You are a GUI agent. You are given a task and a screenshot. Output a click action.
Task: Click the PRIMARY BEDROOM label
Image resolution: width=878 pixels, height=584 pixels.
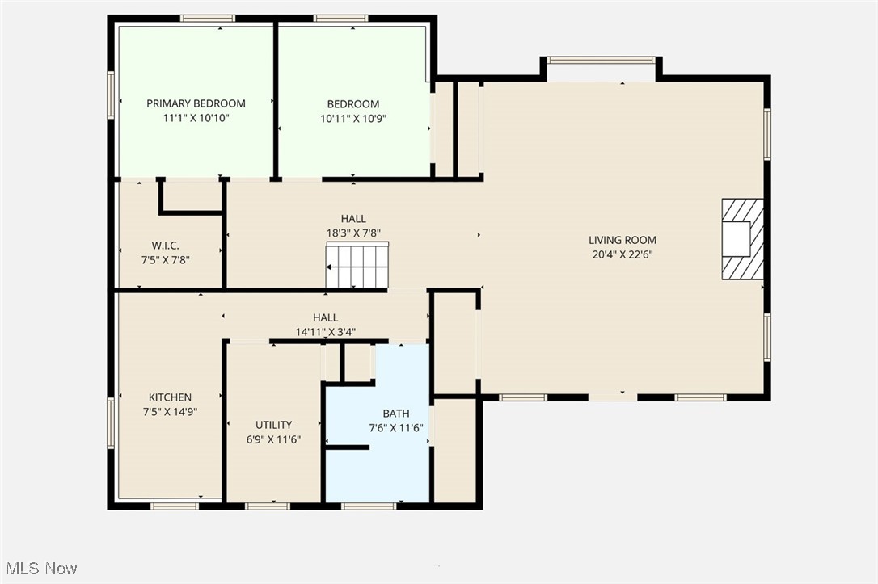tap(196, 103)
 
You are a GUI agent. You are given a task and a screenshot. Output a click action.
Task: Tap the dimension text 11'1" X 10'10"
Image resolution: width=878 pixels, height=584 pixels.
tap(196, 118)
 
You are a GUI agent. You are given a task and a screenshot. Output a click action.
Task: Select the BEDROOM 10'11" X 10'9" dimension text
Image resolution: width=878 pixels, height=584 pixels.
tap(352, 118)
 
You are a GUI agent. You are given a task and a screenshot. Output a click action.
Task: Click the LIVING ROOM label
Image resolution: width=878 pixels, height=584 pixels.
tap(622, 240)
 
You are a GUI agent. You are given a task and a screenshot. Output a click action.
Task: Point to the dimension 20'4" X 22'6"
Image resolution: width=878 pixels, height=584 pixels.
tap(622, 254)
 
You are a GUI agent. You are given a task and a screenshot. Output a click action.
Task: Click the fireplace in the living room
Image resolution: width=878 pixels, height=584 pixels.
tap(741, 238)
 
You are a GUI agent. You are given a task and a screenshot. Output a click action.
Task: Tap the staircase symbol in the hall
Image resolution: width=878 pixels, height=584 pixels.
tap(357, 266)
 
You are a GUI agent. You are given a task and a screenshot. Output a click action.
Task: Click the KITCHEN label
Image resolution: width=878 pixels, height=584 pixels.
tap(170, 397)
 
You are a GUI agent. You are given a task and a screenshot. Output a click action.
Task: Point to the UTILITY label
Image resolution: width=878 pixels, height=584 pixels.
tap(273, 425)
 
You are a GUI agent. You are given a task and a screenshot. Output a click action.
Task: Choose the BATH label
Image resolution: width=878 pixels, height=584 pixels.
tap(396, 414)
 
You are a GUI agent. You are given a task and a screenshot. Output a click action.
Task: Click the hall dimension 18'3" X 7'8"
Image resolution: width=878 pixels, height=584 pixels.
tap(352, 233)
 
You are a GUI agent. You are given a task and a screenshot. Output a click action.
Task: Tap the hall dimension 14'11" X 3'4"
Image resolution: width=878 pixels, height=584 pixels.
tap(325, 331)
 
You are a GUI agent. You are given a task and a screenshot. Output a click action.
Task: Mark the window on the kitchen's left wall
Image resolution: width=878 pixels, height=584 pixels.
tap(111, 422)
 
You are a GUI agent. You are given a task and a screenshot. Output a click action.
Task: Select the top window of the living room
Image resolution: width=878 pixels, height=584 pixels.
tap(601, 60)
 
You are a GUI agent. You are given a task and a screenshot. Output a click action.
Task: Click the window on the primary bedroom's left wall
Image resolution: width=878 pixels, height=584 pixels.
tap(111, 95)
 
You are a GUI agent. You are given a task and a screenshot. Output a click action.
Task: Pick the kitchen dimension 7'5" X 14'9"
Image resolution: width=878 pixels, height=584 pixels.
tap(170, 411)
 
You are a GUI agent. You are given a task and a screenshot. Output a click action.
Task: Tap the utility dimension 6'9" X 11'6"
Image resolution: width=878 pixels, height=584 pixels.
tap(273, 439)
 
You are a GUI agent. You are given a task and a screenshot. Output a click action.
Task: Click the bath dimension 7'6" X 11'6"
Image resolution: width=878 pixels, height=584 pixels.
tap(396, 428)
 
